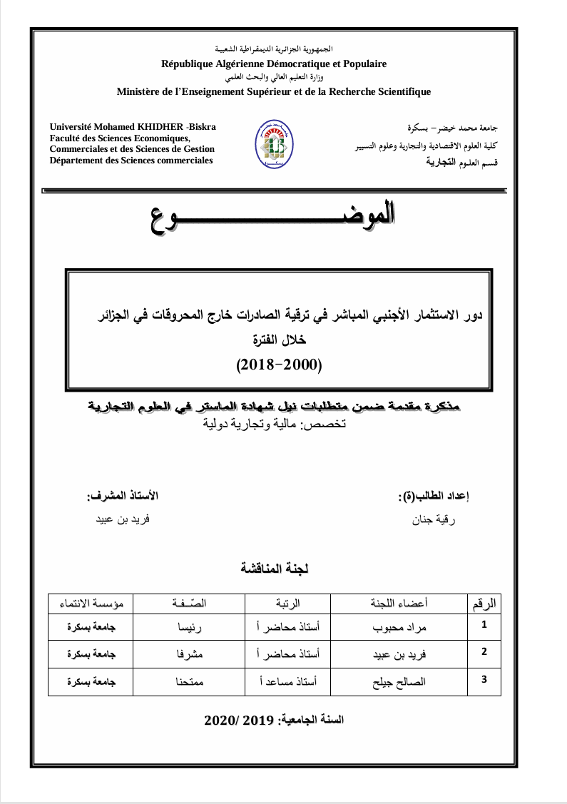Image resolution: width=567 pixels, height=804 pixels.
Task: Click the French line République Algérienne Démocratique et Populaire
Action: pyautogui.click(x=274, y=63)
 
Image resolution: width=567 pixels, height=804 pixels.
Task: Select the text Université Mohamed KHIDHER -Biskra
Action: pyautogui.click(x=133, y=127)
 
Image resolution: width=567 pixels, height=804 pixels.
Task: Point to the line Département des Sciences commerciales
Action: pyautogui.click(x=131, y=161)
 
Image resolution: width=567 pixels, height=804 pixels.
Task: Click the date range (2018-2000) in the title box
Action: pyautogui.click(x=280, y=365)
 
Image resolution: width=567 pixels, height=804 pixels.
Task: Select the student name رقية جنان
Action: pyautogui.click(x=434, y=520)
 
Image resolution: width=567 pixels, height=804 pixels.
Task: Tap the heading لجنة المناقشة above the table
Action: pyautogui.click(x=275, y=569)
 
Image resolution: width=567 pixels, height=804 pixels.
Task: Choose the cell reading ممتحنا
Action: pyautogui.click(x=190, y=681)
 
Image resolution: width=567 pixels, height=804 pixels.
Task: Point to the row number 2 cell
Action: pyautogui.click(x=484, y=651)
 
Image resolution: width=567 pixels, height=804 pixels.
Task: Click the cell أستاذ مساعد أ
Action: pyautogui.click(x=287, y=681)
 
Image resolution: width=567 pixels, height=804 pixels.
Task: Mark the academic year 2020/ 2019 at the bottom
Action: pyautogui.click(x=274, y=720)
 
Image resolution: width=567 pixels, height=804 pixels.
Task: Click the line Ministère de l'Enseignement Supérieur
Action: pyautogui.click(x=274, y=92)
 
